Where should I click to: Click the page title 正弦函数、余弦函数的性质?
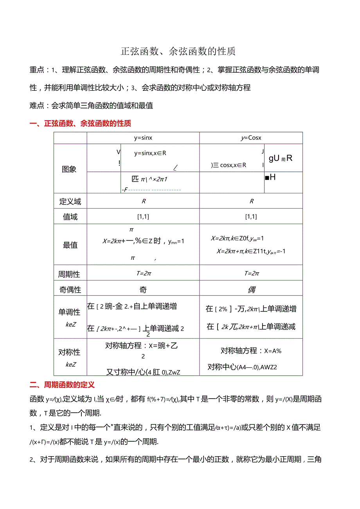tap(178, 52)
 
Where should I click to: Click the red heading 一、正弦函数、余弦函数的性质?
tap(81, 124)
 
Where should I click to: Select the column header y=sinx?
tap(143, 138)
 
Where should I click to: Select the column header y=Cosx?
tap(251, 138)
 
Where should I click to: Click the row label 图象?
tap(69, 169)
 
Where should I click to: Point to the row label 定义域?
tap(70, 201)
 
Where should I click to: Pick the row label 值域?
tap(70, 217)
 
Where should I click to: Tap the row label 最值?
tap(70, 245)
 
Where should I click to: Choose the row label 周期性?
tap(69, 274)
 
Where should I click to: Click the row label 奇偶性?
tap(70, 290)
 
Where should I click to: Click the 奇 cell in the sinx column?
tap(143, 290)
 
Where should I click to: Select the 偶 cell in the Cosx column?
tap(251, 290)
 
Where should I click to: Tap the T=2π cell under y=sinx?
tap(143, 273)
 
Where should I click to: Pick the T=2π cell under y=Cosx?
tap(251, 273)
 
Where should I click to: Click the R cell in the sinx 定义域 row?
tap(143, 201)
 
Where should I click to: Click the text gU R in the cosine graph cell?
tap(281, 158)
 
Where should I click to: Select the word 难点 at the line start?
tap(37, 106)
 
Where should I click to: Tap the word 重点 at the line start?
tap(37, 70)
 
